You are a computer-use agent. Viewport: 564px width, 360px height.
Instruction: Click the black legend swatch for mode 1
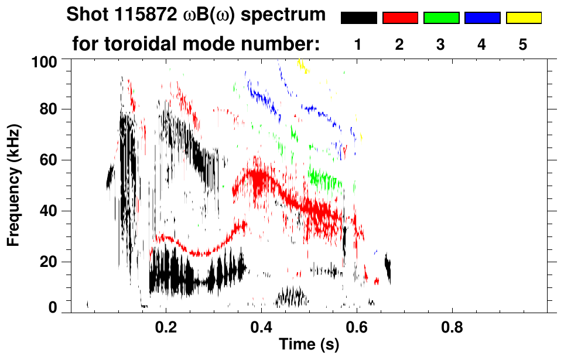358,18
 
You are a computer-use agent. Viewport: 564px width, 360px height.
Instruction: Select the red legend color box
400,18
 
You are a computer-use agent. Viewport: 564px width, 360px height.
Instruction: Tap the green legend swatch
441,18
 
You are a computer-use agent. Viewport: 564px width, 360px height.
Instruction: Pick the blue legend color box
482,18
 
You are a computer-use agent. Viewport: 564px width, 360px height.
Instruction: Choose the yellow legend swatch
524,18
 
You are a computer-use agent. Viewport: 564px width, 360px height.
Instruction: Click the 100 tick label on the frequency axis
45,61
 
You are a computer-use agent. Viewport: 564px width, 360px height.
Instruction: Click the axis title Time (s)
309,345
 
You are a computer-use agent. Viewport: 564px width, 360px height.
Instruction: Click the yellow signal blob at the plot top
302,66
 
